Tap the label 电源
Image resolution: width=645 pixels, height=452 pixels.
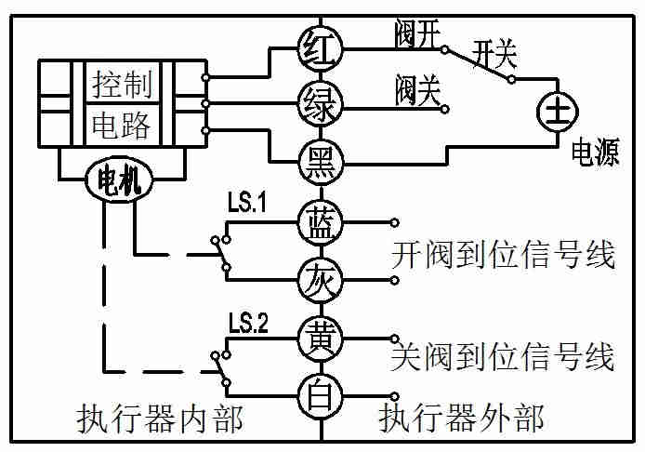(x=595, y=154)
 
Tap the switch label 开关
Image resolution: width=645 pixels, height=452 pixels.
(x=494, y=53)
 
